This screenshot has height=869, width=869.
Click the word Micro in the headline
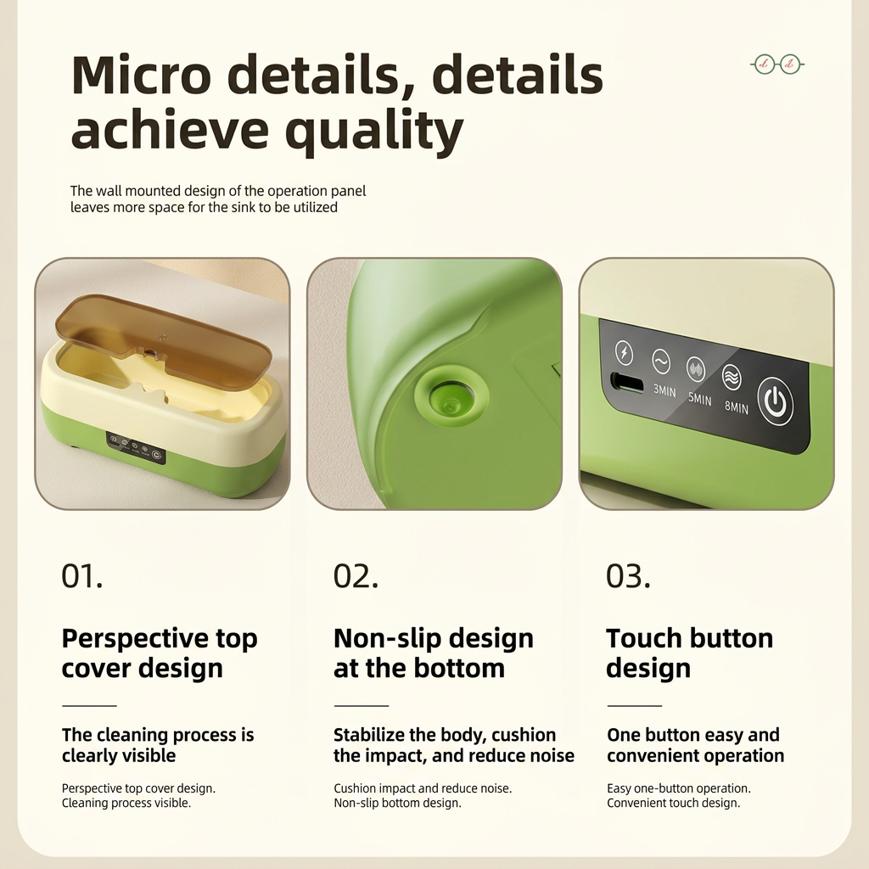(142, 75)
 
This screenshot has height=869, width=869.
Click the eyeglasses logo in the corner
(777, 64)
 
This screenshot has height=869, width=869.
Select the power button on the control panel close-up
(775, 401)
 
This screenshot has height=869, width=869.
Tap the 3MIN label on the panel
(664, 390)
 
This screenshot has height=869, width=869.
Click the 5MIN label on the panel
(699, 399)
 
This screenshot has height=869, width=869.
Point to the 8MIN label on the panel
(736, 406)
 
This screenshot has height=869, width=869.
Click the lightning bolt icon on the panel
(624, 352)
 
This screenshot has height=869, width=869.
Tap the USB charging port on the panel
(627, 383)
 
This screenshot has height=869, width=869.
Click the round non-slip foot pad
(451, 395)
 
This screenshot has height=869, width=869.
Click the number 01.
(82, 576)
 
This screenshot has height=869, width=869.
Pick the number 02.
(356, 576)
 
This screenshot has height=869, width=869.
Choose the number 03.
(628, 576)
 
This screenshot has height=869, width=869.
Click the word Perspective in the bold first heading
(135, 640)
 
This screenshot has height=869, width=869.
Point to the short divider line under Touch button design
(635, 706)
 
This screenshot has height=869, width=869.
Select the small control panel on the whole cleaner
(136, 448)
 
